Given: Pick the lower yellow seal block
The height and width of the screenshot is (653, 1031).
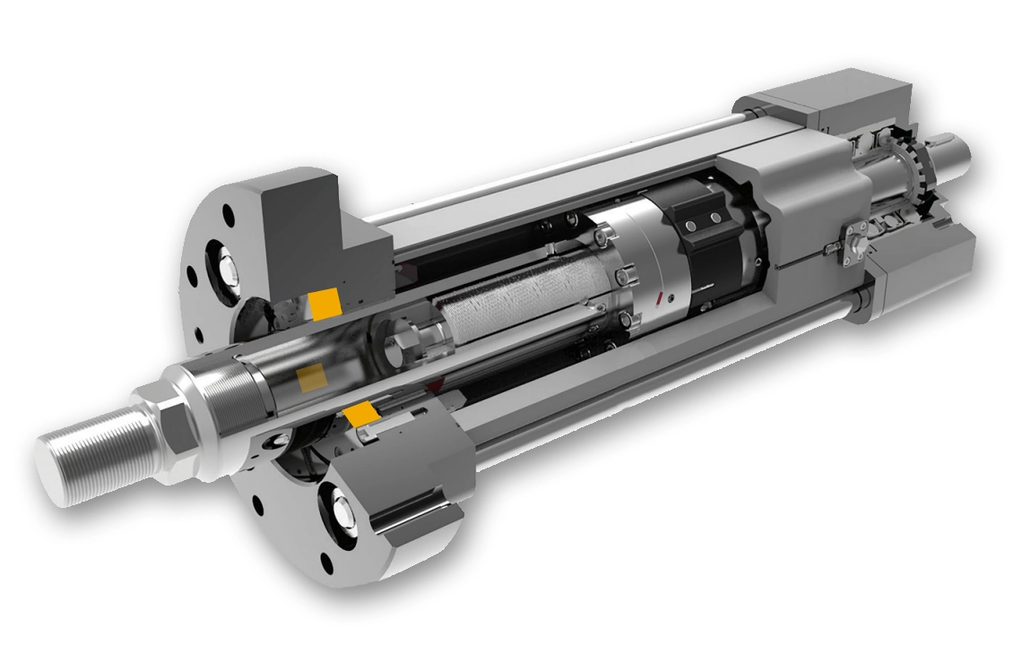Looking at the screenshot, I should [361, 414].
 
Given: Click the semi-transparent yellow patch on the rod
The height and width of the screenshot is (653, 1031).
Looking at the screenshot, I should [312, 376].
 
